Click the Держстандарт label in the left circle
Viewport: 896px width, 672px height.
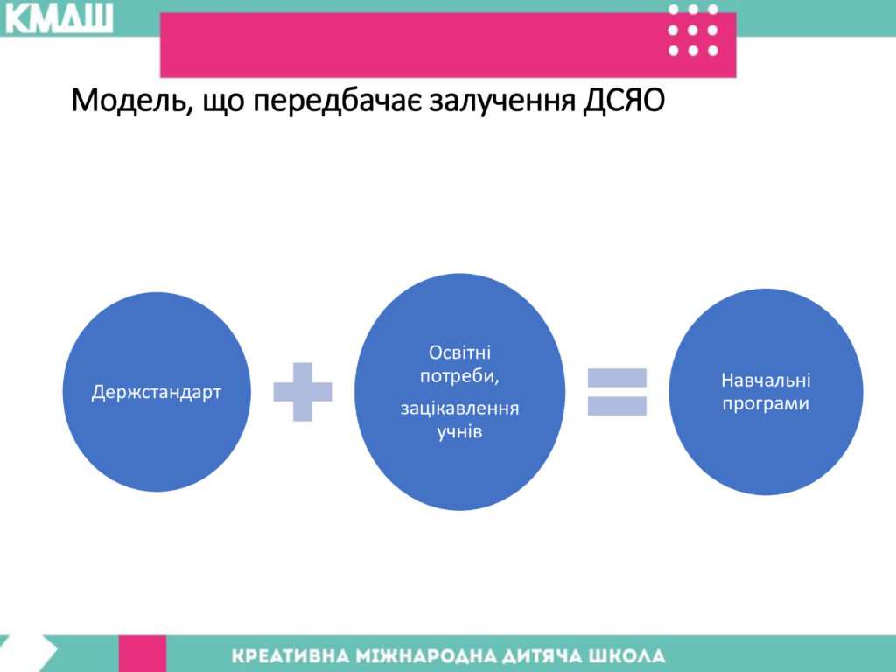(x=156, y=393)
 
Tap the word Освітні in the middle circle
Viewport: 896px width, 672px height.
(x=459, y=353)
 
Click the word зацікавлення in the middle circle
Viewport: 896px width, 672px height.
(x=459, y=409)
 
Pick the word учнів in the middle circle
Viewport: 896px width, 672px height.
(x=459, y=432)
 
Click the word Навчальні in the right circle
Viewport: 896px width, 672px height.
(x=766, y=381)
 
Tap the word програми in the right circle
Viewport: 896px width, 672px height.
(x=766, y=404)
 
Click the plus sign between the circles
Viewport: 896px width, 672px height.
(x=302, y=392)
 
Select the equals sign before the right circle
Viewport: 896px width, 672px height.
(x=617, y=392)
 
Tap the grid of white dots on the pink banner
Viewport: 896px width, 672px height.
(x=693, y=31)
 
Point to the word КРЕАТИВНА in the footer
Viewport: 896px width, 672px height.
(x=291, y=656)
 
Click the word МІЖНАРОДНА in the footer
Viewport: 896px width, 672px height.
(x=423, y=656)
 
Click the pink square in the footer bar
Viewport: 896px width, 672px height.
(x=143, y=654)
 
